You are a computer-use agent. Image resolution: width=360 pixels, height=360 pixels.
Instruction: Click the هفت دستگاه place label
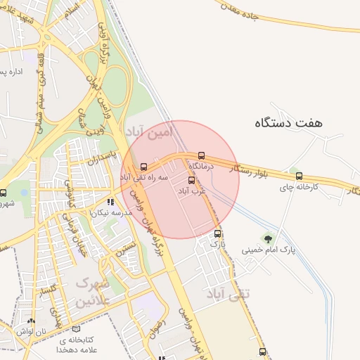288,122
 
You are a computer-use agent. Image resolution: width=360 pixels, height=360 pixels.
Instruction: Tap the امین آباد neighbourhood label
147,131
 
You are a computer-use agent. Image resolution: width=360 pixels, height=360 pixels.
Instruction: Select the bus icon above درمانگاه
202,155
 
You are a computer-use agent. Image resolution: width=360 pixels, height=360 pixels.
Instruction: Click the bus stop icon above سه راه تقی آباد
144,167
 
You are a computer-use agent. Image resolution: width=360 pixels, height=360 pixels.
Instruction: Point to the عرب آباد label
191,191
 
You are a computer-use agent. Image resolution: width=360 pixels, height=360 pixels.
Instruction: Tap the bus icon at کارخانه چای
300,176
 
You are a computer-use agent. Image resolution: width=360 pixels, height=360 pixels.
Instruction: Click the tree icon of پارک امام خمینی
267,238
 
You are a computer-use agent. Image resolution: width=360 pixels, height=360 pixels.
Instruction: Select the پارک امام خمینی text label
268,250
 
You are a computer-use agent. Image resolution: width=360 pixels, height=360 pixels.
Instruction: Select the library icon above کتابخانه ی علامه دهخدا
77,328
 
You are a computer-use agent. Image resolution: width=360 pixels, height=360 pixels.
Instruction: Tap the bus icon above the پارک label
217,234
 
